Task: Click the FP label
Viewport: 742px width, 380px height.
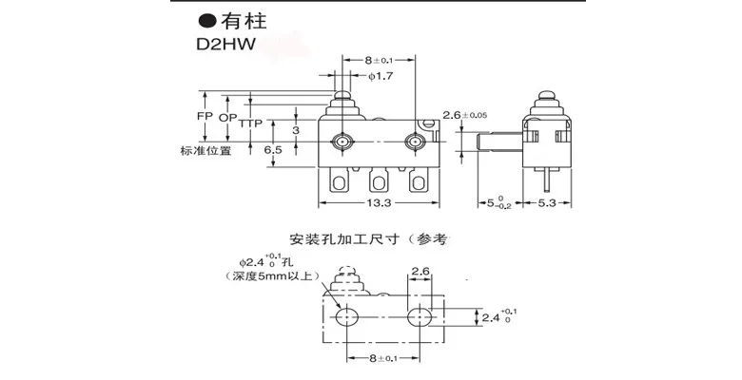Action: click(x=203, y=119)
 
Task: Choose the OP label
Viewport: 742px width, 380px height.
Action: click(x=228, y=119)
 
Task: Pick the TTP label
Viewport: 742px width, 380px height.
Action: click(x=251, y=124)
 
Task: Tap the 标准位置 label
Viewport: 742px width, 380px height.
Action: click(x=203, y=151)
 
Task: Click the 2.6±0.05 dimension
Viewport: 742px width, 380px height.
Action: click(x=468, y=115)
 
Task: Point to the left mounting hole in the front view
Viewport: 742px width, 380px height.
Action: click(x=342, y=142)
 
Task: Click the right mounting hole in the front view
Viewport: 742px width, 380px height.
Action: click(x=413, y=142)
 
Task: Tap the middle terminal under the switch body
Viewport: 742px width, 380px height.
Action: click(x=378, y=180)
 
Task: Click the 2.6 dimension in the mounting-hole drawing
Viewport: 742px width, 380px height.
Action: click(x=421, y=273)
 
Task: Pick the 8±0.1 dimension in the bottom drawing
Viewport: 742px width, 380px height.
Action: click(x=380, y=357)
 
